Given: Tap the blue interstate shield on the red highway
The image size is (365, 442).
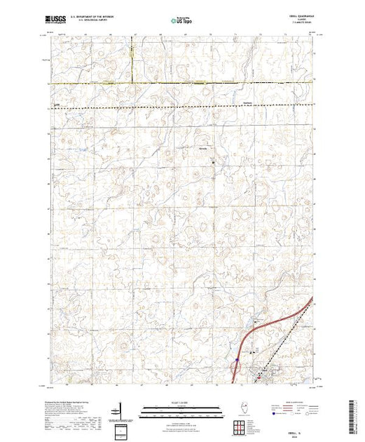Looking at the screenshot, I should click(x=237, y=361).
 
